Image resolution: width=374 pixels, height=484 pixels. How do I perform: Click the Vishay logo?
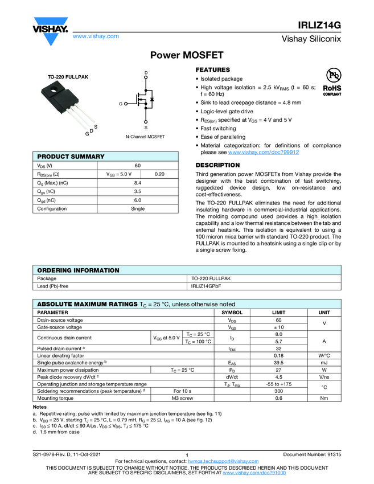pos(50,28)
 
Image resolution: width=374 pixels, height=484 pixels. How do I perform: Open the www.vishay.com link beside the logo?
pos(96,36)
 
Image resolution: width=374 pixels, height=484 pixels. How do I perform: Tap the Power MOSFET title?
pos(187,55)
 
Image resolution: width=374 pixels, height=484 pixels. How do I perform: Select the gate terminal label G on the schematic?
pos(121,104)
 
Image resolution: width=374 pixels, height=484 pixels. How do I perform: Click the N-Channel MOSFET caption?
pos(145,137)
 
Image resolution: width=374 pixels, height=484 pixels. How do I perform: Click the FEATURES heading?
pos(213,69)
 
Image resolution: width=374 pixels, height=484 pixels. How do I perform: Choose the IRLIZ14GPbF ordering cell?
pos(206,286)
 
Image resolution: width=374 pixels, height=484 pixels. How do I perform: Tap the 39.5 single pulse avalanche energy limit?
pos(279,362)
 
